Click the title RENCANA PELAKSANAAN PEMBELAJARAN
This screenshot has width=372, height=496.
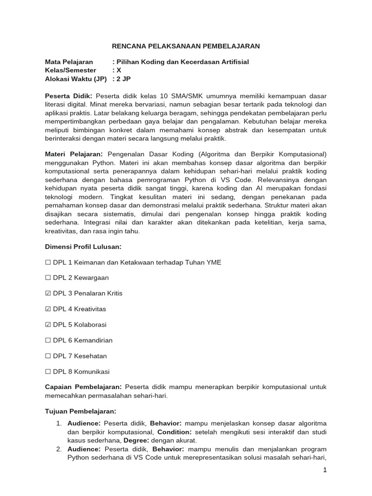tap(186, 46)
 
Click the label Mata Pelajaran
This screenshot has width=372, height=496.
tap(69, 62)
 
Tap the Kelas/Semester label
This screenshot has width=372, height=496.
tap(71, 70)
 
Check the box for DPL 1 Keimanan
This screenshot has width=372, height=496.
tap(48, 262)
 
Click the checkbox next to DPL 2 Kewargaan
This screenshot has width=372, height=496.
tap(48, 278)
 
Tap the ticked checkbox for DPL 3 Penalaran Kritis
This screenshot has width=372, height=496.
tap(48, 293)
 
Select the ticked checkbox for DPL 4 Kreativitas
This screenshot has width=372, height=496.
tap(48, 309)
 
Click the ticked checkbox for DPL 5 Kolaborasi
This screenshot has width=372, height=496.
tap(48, 325)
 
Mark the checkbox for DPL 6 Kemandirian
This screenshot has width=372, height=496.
tap(48, 340)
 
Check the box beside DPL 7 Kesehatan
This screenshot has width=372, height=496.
tap(48, 356)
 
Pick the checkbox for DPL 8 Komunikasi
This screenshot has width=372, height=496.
tap(48, 372)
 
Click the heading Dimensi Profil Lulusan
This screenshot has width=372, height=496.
tap(83, 247)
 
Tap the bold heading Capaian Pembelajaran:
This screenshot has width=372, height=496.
tap(83, 387)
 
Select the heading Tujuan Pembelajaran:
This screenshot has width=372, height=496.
tap(80, 411)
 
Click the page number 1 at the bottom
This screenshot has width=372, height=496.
tap(325, 470)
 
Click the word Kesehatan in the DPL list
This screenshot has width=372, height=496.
tap(92, 356)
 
